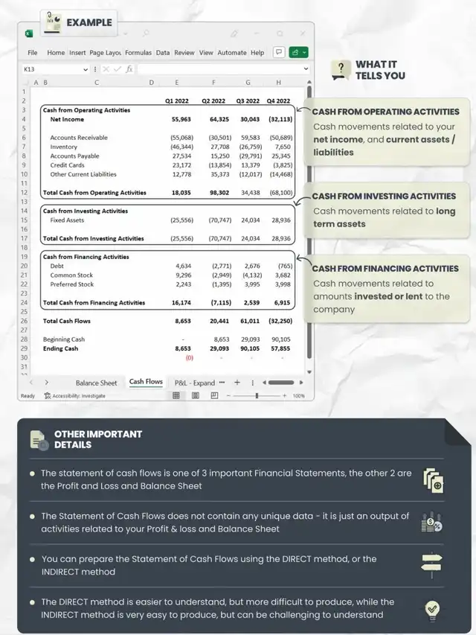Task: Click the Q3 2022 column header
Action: [x=248, y=101]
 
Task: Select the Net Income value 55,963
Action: [x=181, y=119]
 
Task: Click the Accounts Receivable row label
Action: [x=79, y=138]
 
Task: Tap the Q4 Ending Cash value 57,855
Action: [x=280, y=348]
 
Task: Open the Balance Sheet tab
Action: [x=96, y=383]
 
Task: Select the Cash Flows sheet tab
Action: [x=146, y=382]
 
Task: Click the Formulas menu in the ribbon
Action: [x=138, y=53]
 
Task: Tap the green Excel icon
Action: [x=29, y=33]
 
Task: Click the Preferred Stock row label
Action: [x=72, y=284]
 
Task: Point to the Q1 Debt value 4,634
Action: [x=183, y=266]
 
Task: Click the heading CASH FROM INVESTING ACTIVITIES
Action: [x=384, y=197]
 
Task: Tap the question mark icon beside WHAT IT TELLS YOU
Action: [x=340, y=70]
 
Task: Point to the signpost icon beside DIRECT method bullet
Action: [x=431, y=564]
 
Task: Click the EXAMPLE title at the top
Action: [x=89, y=22]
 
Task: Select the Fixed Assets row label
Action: [x=67, y=220]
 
